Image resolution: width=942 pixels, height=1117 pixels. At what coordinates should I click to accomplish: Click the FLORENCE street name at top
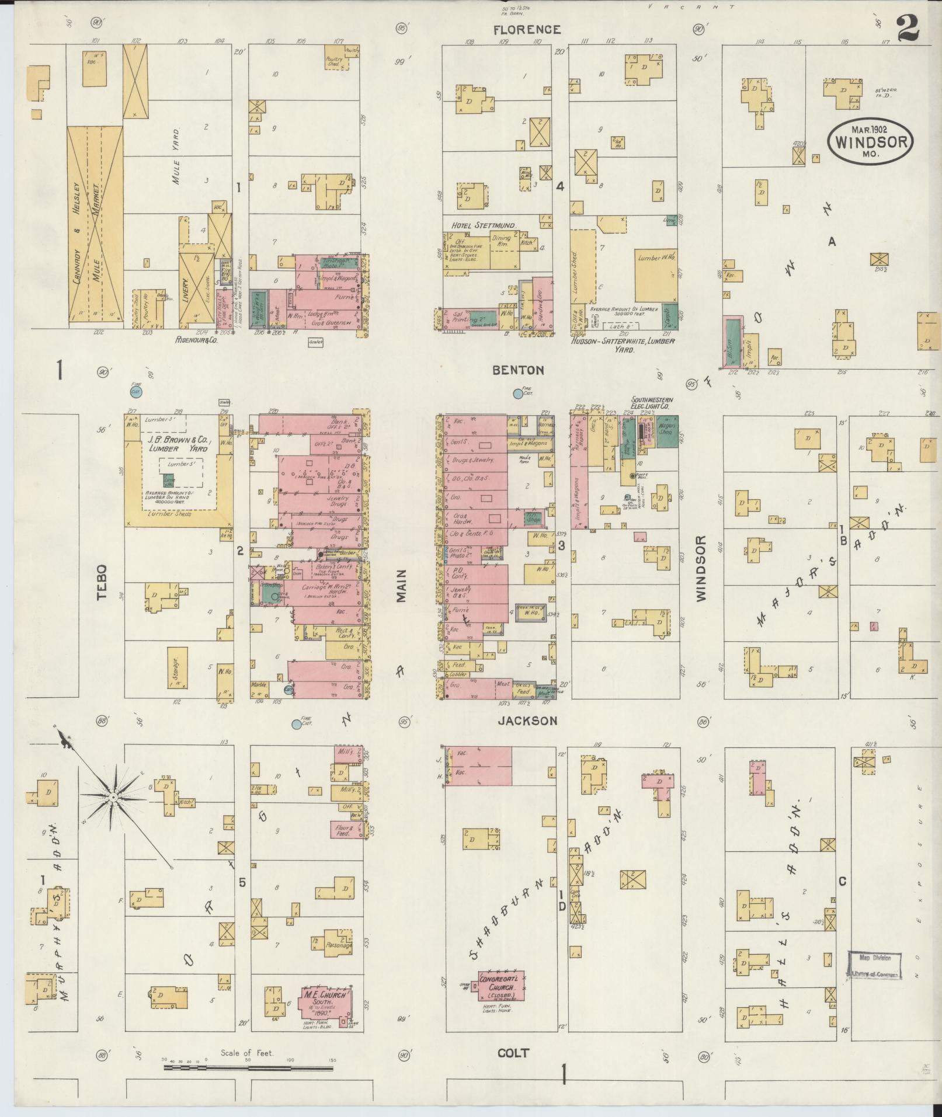click(x=527, y=30)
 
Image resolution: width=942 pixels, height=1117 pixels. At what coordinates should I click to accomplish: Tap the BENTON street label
click(x=518, y=370)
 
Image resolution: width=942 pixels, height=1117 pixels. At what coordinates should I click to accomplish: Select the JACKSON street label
click(x=527, y=721)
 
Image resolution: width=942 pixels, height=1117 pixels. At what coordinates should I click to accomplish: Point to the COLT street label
click(x=513, y=1053)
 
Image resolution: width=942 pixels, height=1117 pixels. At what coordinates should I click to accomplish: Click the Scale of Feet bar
click(x=248, y=1068)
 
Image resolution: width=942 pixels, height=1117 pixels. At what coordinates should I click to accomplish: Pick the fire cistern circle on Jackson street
click(x=297, y=725)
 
